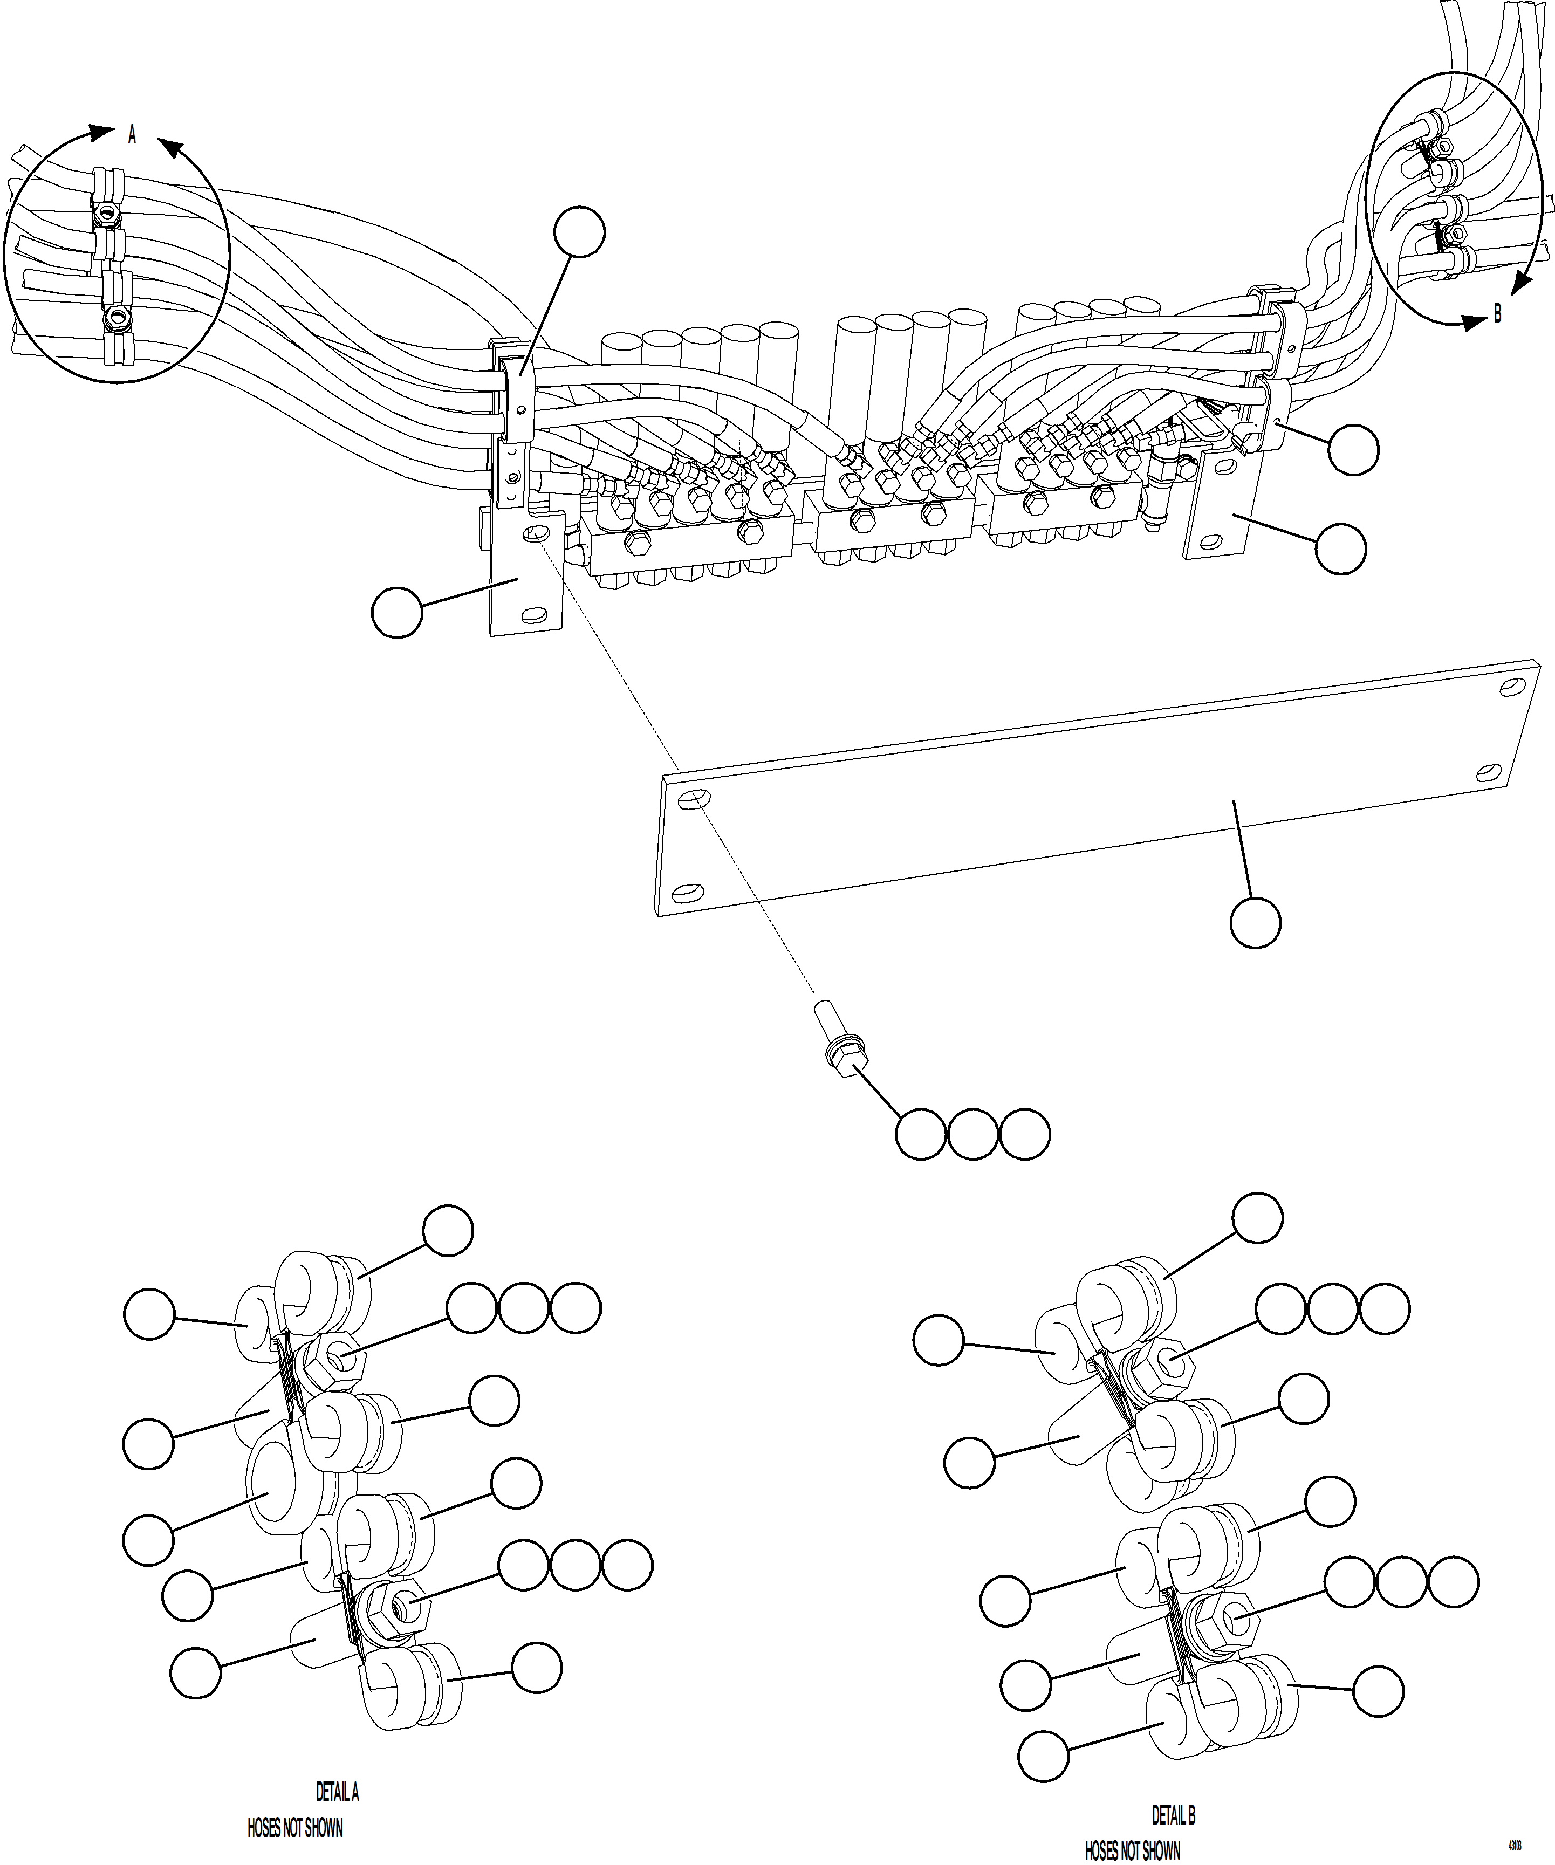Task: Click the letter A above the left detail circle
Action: [132, 134]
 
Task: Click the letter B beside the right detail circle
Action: [1497, 314]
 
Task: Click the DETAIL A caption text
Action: [338, 1792]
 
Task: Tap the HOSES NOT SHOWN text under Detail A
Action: [295, 1828]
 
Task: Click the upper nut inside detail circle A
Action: [107, 214]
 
